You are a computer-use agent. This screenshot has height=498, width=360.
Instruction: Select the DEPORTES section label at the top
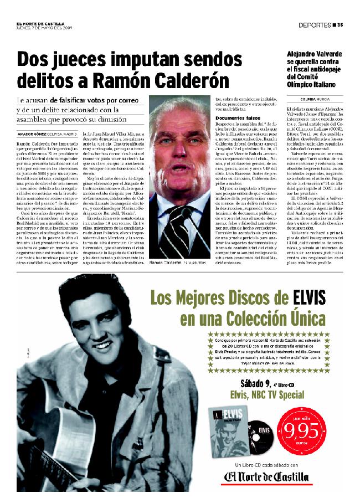[314, 24]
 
